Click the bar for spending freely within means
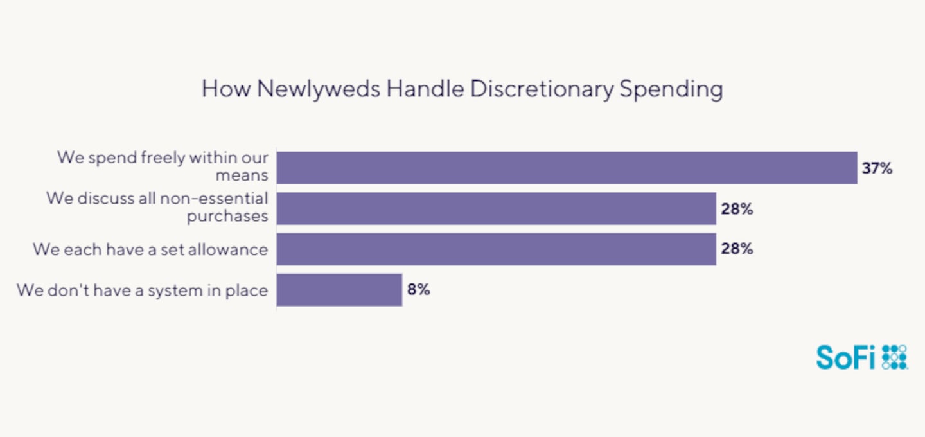pos(567,168)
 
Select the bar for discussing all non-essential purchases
pos(496,208)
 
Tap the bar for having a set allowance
pos(496,249)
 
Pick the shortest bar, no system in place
pos(339,290)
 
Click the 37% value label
pos(877,168)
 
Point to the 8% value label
pos(418,290)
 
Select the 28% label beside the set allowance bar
pos(737,249)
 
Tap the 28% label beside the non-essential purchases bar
pos(737,209)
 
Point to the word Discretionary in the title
pos(542,89)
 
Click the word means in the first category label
pos(247,175)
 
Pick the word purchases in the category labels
pos(227,217)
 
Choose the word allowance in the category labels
pos(227,249)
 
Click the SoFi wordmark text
pos(845,357)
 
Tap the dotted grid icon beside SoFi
pos(894,357)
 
